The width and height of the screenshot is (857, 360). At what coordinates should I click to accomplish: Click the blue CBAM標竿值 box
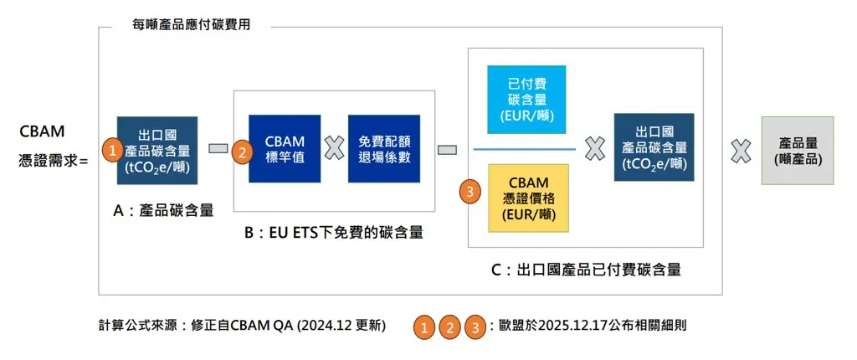click(285, 149)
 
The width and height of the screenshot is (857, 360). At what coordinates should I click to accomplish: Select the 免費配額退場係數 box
click(383, 149)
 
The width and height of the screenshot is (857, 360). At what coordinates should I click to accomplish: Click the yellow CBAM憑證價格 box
click(528, 198)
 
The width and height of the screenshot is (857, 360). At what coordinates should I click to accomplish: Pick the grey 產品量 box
click(797, 150)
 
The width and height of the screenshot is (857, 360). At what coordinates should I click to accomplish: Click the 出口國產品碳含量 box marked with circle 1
click(157, 149)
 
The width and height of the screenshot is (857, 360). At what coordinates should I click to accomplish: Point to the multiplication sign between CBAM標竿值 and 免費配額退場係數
click(334, 149)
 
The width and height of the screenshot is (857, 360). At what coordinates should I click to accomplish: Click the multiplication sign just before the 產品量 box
click(740, 150)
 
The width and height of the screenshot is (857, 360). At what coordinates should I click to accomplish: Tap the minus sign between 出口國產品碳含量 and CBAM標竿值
click(218, 149)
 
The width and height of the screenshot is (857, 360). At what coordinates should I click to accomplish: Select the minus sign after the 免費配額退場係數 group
click(447, 150)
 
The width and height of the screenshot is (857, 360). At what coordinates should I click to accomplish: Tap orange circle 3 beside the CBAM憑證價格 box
click(471, 192)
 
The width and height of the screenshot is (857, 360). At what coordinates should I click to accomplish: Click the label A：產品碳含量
click(163, 212)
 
